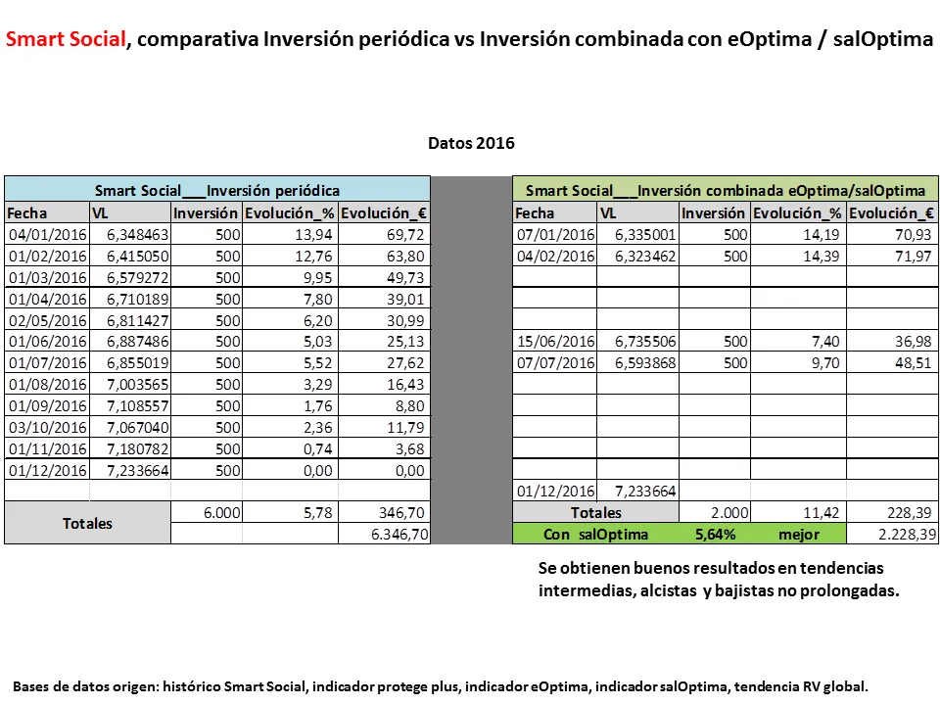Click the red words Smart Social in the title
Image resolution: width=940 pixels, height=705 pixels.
coord(66,39)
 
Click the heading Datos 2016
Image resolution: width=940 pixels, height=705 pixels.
coord(471,143)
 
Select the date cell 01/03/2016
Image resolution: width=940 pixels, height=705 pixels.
coord(47,277)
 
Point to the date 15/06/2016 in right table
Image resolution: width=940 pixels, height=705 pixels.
coord(554,342)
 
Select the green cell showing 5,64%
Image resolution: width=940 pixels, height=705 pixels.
coord(715,534)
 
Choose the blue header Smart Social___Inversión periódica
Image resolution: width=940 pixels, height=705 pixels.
coord(217,190)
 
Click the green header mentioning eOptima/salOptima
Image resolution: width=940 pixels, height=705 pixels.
coord(726,190)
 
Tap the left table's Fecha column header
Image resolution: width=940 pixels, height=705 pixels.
coord(27,212)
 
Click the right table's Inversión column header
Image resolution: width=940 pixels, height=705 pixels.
coord(714,212)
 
